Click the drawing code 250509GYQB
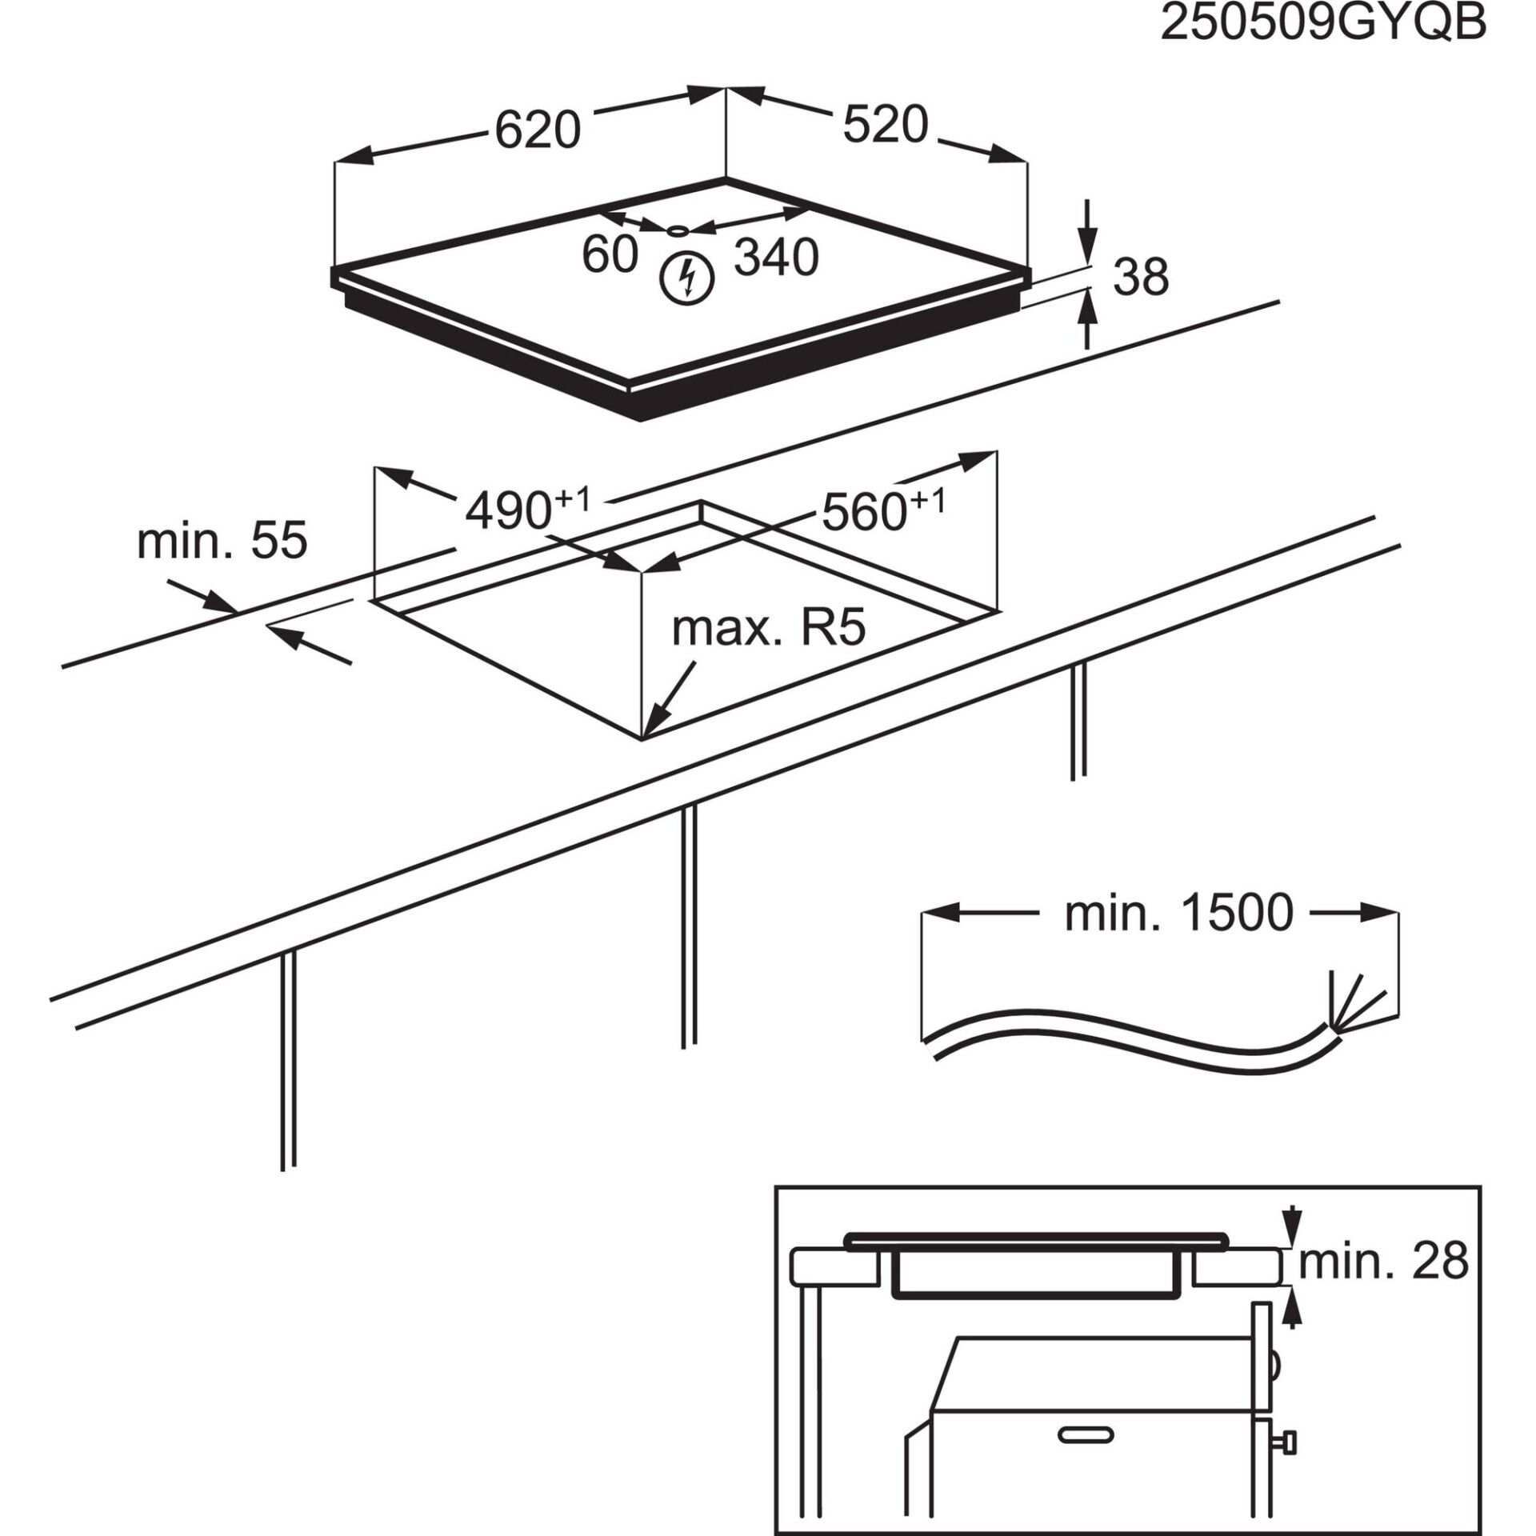1323,24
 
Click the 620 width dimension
537,130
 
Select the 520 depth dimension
886,126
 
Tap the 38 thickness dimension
1141,277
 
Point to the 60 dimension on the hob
610,255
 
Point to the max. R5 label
769,629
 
